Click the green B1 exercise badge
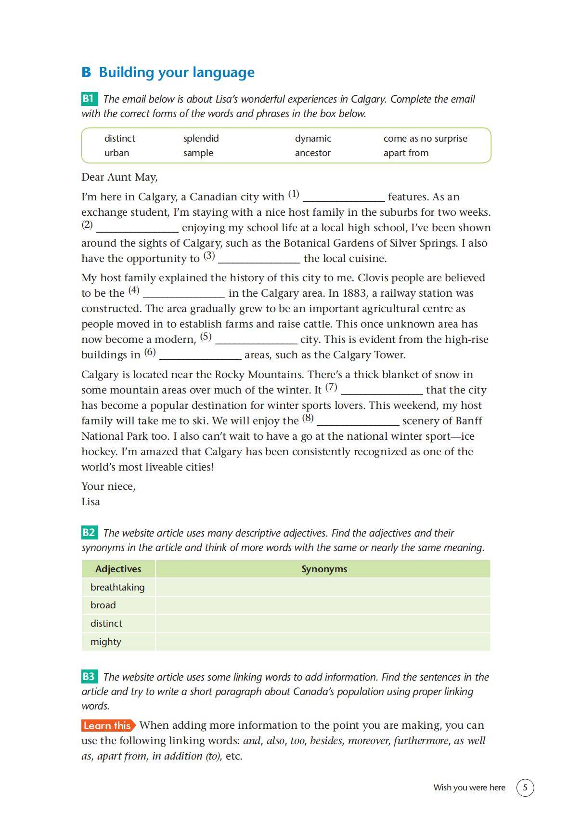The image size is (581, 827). tap(89, 99)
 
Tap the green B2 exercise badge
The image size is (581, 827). tap(89, 533)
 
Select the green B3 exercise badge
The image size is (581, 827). tap(89, 677)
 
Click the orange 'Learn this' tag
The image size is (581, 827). tap(108, 725)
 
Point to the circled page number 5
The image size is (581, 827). tap(525, 788)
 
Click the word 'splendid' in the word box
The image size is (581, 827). tap(201, 139)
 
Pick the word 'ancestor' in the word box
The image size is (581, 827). tap(312, 153)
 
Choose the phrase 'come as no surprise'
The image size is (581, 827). tap(425, 139)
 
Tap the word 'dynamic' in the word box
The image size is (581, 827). tap(313, 139)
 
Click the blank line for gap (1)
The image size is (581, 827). tap(344, 198)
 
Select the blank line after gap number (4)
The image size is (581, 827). tap(184, 294)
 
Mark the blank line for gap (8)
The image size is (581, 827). tap(358, 422)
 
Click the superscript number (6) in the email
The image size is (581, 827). tap(150, 353)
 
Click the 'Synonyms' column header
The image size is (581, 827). tap(324, 569)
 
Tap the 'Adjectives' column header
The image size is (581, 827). tap(118, 569)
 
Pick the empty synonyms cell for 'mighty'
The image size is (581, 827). tap(323, 642)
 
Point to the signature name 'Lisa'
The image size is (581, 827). tap(90, 502)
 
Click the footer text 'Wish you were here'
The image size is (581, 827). tap(469, 788)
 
